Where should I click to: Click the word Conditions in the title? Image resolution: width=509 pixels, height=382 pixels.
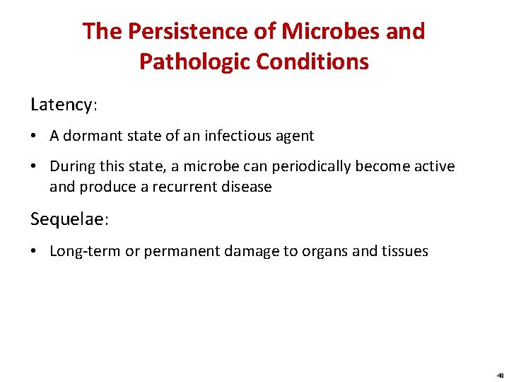click(312, 62)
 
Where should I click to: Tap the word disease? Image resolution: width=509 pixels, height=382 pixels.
click(247, 187)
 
